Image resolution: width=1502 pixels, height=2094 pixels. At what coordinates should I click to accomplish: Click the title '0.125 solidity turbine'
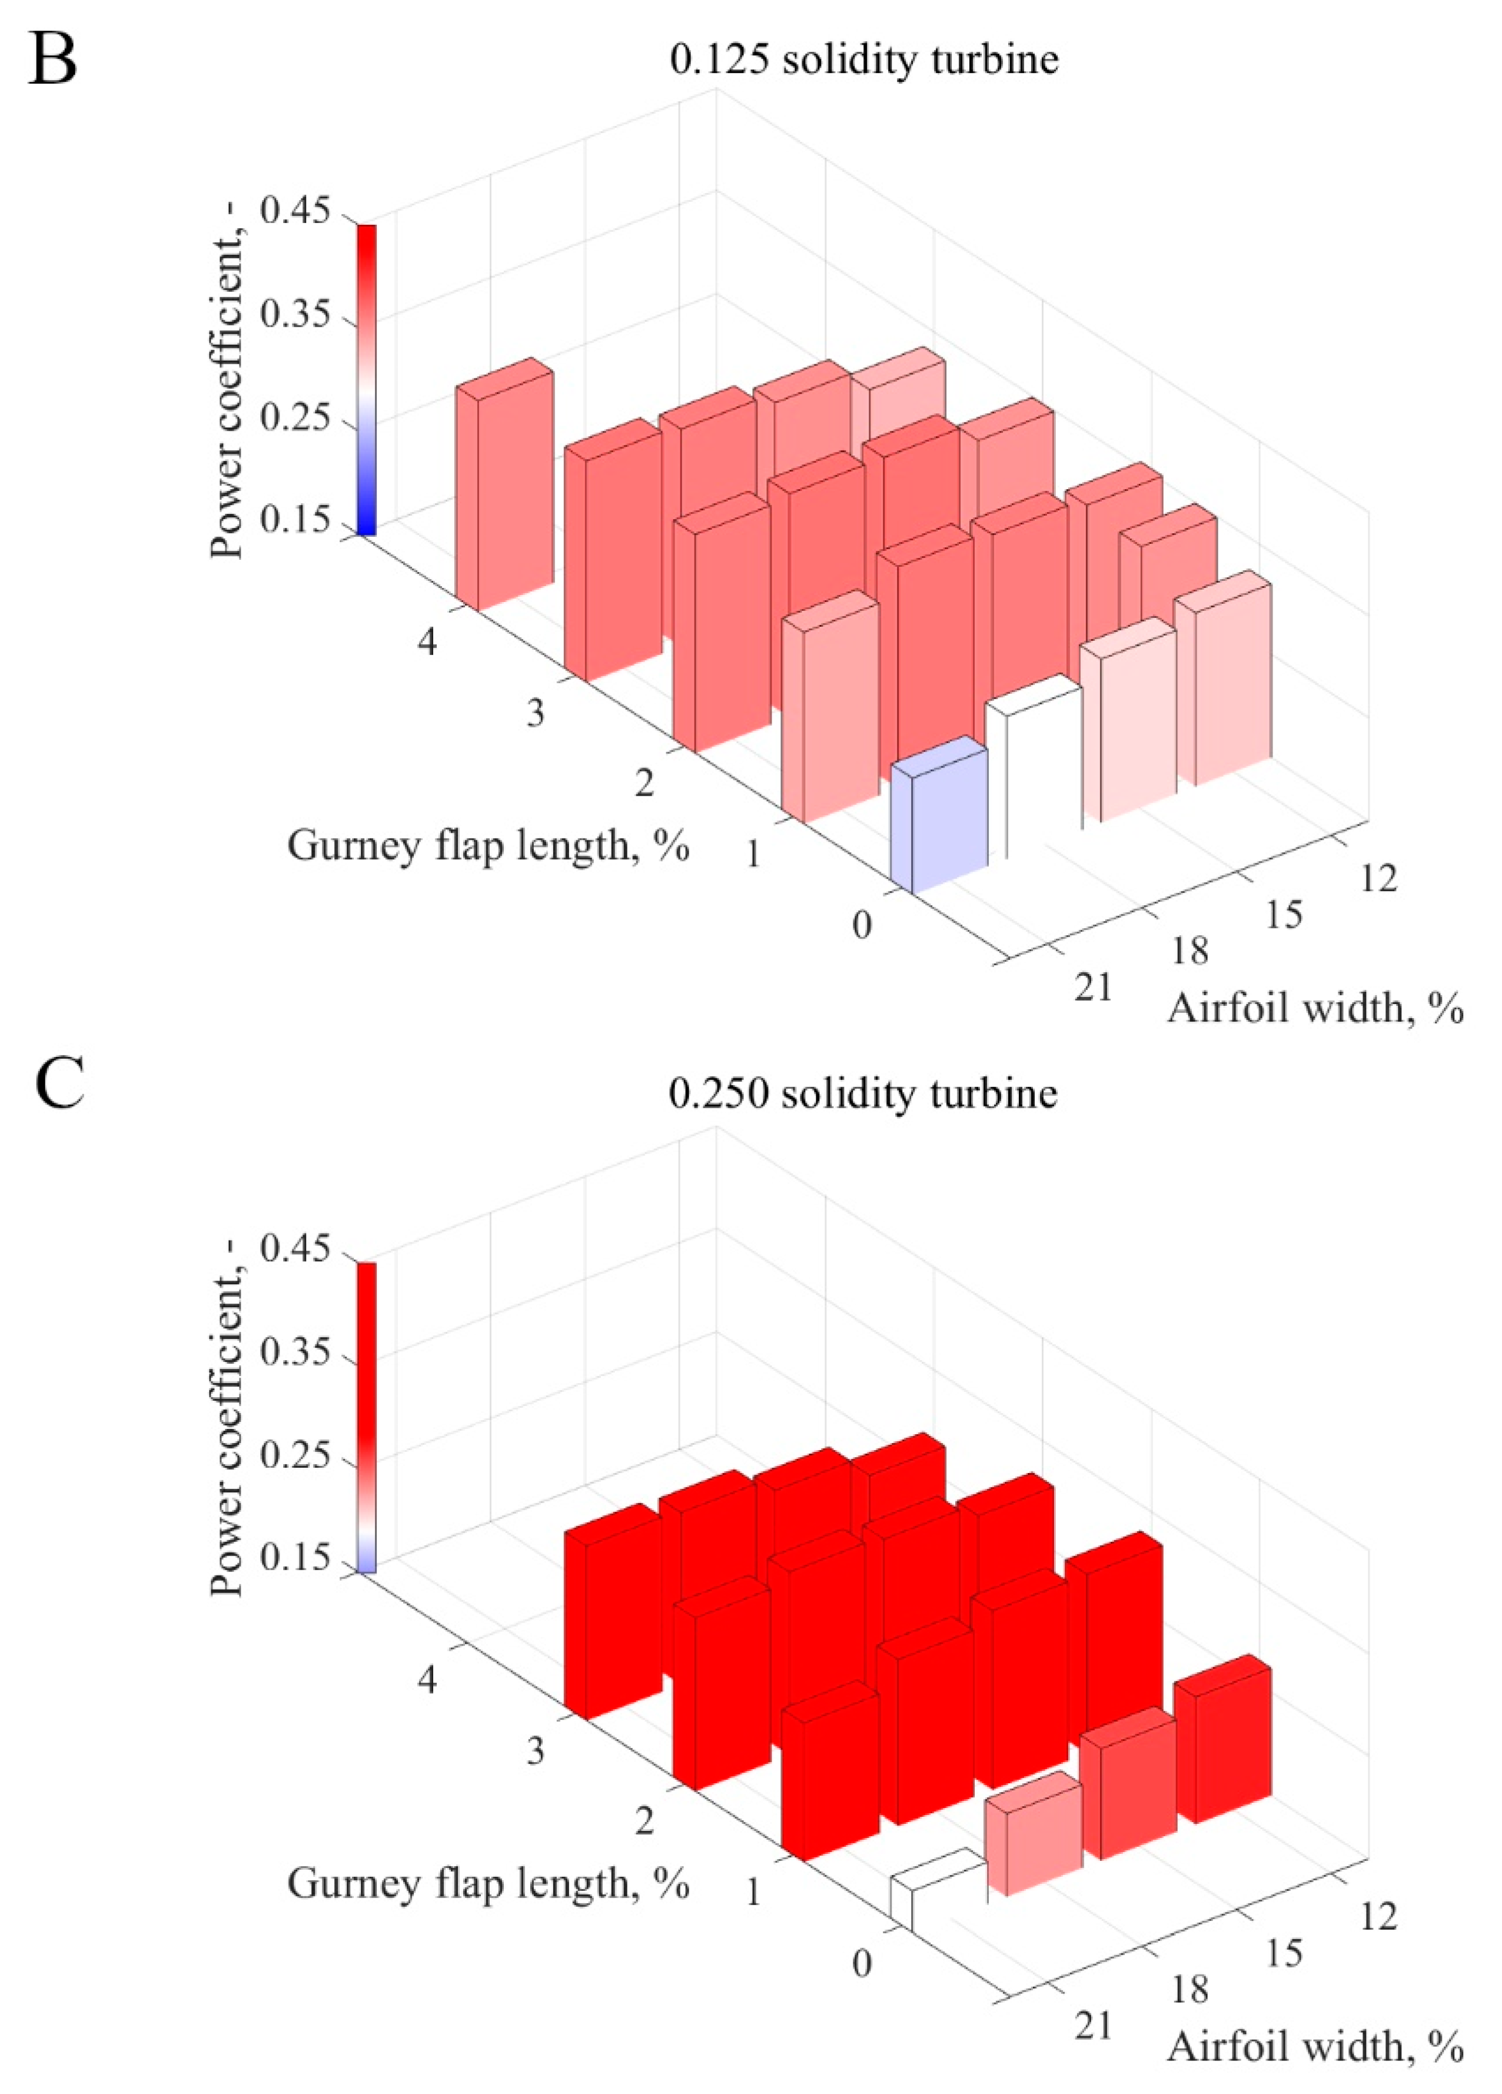click(863, 60)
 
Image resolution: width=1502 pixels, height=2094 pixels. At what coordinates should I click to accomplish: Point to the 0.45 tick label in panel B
click(294, 211)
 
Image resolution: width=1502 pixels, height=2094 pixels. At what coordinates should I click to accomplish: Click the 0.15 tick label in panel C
click(294, 1558)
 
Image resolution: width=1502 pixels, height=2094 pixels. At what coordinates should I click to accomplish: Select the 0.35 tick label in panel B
click(294, 315)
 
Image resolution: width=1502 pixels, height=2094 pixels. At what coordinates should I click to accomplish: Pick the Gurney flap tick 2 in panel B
click(643, 784)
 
